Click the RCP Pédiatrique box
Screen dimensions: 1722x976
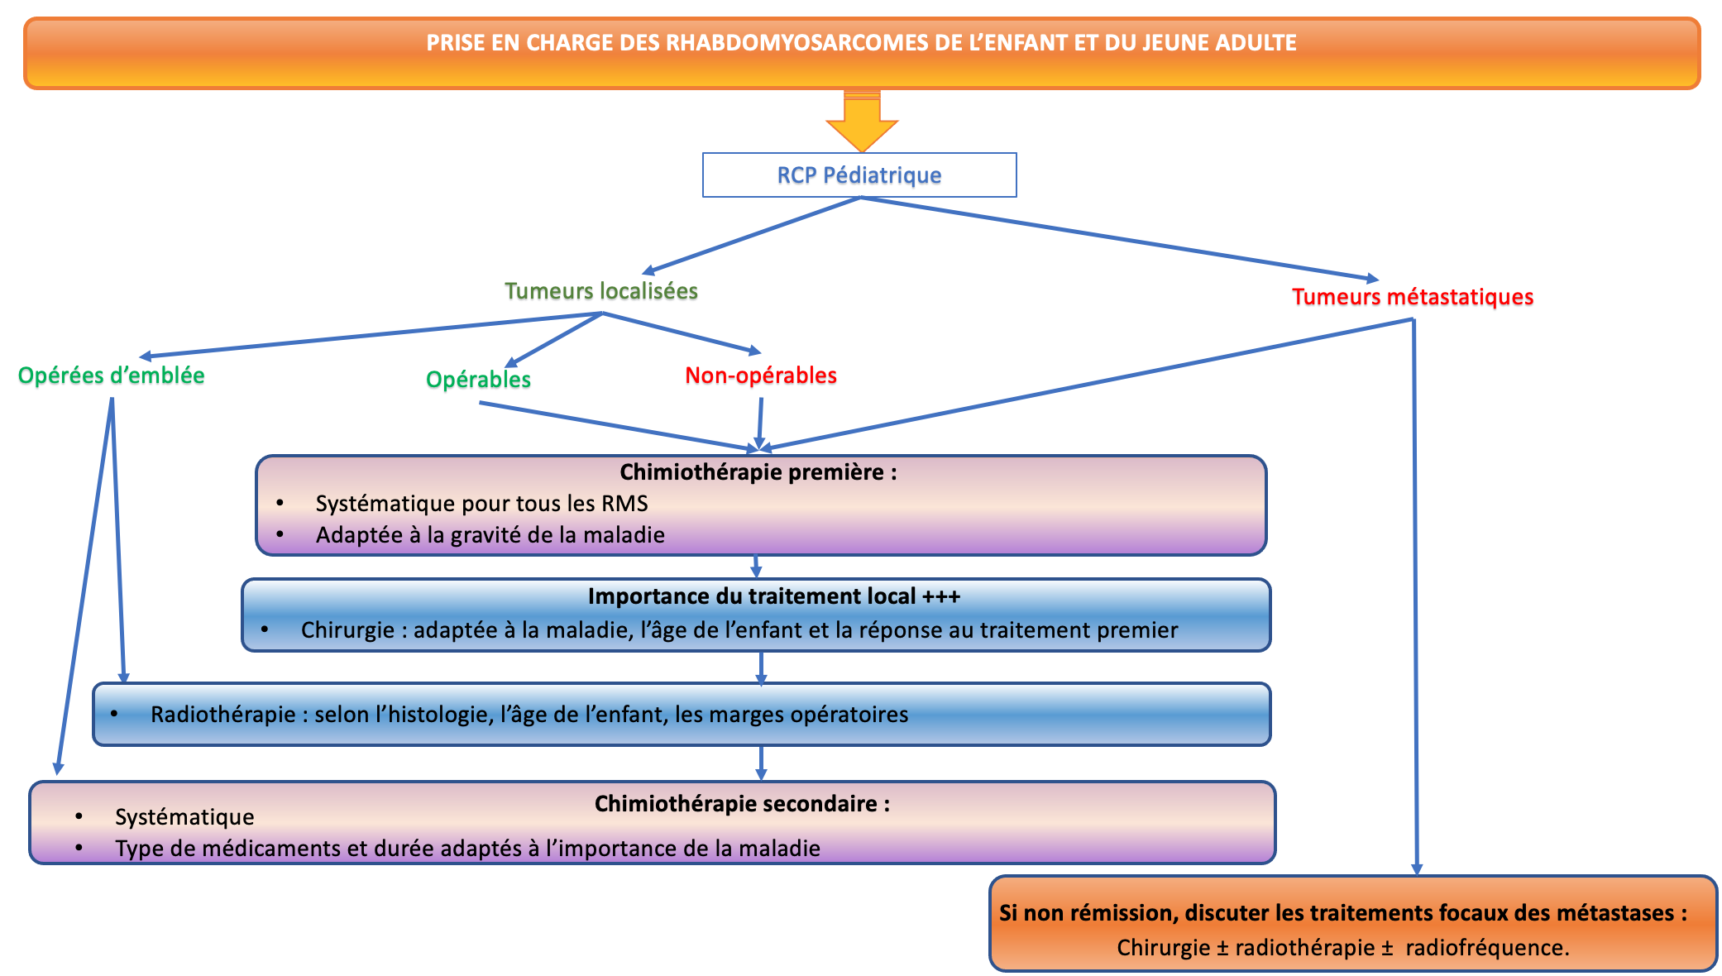pyautogui.click(x=859, y=175)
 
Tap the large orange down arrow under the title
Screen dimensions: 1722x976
pyautogui.click(x=862, y=121)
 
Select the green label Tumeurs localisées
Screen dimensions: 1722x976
pyautogui.click(x=601, y=291)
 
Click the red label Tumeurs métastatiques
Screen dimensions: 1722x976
pyautogui.click(x=1413, y=297)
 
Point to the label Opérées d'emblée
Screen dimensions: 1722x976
pyautogui.click(x=111, y=376)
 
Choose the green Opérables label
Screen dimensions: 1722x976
pyautogui.click(x=478, y=380)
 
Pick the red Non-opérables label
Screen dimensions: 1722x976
pyautogui.click(x=761, y=376)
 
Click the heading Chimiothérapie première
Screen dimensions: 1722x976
pyautogui.click(x=758, y=472)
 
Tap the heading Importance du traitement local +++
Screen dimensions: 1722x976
pyautogui.click(x=774, y=596)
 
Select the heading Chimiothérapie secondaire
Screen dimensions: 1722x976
pyautogui.click(x=742, y=804)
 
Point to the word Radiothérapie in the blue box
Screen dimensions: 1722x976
pyautogui.click(x=222, y=715)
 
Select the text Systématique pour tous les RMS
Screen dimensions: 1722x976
pyautogui.click(x=481, y=504)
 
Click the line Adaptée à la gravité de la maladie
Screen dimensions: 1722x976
pyautogui.click(x=490, y=535)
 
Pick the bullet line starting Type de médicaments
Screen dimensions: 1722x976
pyautogui.click(x=467, y=849)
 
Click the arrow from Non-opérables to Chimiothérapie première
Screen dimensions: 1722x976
pyautogui.click(x=760, y=424)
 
